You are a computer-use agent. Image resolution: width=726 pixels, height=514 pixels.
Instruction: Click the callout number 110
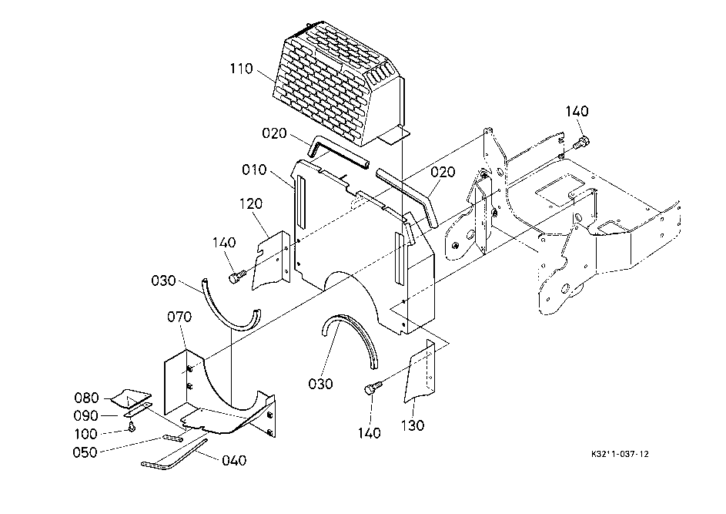point(242,69)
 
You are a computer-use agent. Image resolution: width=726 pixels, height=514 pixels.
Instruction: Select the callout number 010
point(254,170)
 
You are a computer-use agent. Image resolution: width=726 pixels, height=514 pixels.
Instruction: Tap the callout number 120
point(251,203)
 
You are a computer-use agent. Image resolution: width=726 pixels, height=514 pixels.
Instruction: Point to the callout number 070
point(179,317)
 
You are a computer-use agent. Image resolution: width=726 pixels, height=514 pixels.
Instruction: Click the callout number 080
point(86,398)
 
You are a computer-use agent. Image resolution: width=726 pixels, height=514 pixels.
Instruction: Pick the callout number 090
point(85,415)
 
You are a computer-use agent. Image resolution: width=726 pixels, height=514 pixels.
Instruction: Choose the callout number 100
point(86,434)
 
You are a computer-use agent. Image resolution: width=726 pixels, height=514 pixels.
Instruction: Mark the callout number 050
point(85,452)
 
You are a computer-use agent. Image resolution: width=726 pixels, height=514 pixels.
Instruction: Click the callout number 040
point(234,460)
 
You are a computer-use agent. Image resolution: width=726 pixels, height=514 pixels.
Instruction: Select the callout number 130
point(413,425)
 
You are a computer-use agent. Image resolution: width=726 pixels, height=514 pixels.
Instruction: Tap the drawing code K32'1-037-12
point(620,454)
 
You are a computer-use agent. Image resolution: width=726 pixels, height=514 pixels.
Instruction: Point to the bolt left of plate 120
point(236,277)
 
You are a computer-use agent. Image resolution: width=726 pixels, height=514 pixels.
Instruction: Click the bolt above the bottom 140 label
point(373,387)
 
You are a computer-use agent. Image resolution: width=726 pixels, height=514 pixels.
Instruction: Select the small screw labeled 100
point(132,425)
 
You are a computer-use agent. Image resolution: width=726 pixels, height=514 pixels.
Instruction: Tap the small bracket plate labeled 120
point(271,260)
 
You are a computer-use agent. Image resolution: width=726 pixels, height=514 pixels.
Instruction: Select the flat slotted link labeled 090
point(137,410)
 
